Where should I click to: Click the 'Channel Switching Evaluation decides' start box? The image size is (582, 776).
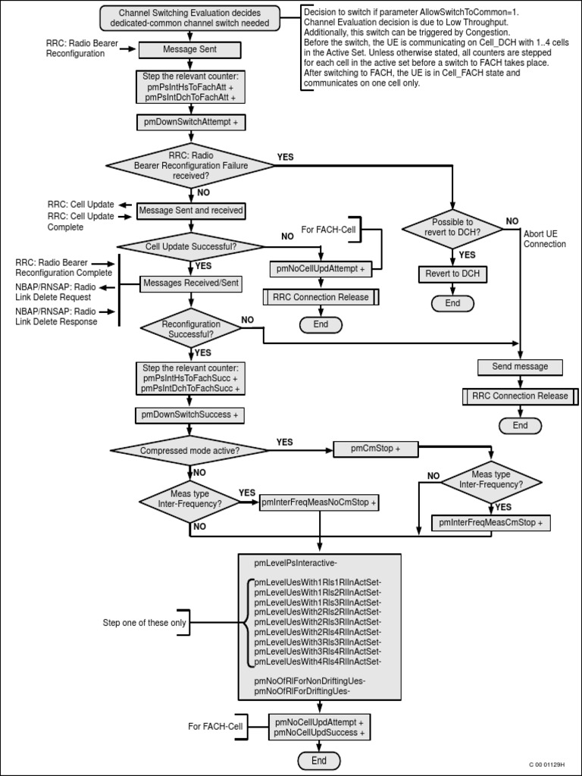click(x=189, y=18)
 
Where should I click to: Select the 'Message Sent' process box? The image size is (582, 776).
click(x=189, y=50)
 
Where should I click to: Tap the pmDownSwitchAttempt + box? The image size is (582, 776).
click(x=189, y=121)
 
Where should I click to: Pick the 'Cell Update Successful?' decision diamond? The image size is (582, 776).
click(x=189, y=246)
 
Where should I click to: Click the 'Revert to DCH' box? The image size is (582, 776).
click(x=452, y=274)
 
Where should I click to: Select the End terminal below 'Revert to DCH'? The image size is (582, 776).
click(x=452, y=303)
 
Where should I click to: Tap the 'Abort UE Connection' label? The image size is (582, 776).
click(x=544, y=239)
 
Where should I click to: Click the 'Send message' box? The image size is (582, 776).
click(x=520, y=367)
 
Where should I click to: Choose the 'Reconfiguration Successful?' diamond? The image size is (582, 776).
click(x=191, y=329)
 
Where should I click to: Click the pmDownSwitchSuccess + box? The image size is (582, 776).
click(x=189, y=415)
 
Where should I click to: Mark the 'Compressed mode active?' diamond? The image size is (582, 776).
click(x=189, y=450)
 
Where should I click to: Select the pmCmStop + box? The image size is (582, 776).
click(x=375, y=449)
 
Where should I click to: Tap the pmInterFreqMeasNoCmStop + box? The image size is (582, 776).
click(x=319, y=502)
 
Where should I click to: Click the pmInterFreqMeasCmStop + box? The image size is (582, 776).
click(x=491, y=522)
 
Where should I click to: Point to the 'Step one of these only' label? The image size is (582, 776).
click(x=144, y=623)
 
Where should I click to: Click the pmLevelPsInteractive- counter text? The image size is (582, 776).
click(x=296, y=563)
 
